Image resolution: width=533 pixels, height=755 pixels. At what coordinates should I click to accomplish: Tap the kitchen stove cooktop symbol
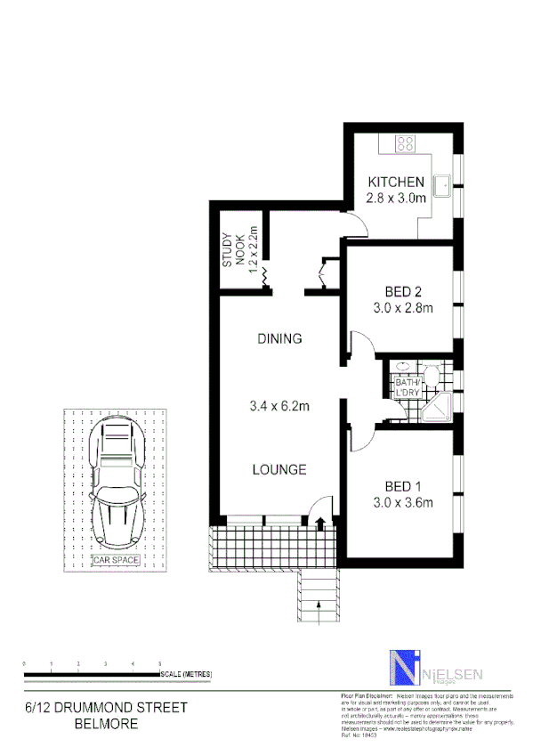[406, 142]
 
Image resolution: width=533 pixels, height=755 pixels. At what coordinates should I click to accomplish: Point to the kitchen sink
[441, 186]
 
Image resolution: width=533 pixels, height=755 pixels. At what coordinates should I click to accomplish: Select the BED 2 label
[402, 292]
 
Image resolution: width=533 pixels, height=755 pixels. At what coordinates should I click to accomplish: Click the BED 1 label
[402, 486]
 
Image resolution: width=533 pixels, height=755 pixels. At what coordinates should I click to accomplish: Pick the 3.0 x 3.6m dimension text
[402, 503]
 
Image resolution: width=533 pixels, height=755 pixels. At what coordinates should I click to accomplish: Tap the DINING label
[279, 338]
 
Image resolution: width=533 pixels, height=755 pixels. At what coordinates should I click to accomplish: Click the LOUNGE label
[279, 469]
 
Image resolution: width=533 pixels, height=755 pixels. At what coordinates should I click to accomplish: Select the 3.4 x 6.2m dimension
[279, 407]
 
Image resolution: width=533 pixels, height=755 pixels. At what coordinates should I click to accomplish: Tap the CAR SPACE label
[116, 560]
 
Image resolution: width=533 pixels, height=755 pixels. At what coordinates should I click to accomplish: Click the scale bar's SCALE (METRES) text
[186, 674]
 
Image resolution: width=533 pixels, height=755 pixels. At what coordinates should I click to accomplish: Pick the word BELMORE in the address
[106, 725]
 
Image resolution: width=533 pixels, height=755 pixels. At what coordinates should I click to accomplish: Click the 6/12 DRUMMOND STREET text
[106, 708]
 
